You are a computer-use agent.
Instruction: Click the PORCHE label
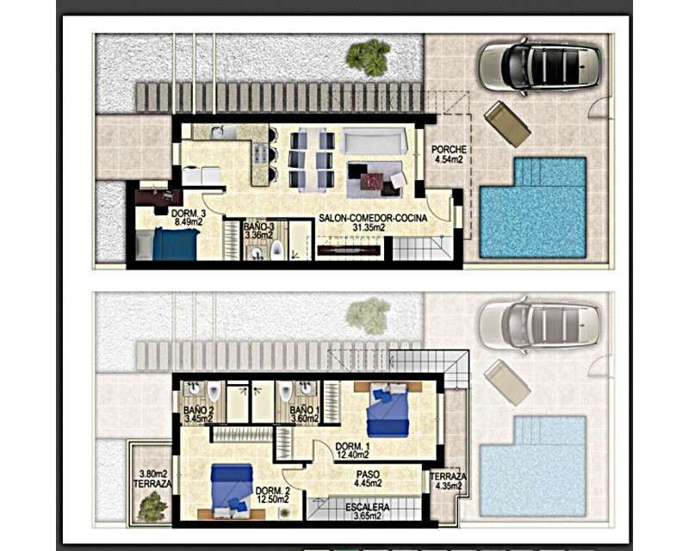(x=449, y=150)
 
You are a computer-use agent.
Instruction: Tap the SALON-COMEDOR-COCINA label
(x=373, y=218)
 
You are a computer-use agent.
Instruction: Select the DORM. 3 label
(x=189, y=214)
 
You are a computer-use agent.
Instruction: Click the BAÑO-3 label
(x=259, y=226)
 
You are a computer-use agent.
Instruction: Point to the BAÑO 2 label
(x=199, y=410)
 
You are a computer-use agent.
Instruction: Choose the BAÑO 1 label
(x=305, y=410)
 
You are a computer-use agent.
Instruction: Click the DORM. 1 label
(x=352, y=447)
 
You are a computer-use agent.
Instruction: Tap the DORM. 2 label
(x=273, y=491)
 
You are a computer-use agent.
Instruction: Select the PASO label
(x=368, y=474)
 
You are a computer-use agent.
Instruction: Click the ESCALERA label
(x=368, y=507)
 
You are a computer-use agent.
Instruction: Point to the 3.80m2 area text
(x=153, y=474)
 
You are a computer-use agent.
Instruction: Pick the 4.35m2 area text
(x=448, y=486)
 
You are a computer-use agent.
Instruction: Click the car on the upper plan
(x=540, y=66)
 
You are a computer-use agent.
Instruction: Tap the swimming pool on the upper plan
(x=533, y=207)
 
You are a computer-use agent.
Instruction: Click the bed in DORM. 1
(x=388, y=410)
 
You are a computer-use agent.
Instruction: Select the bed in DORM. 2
(x=232, y=492)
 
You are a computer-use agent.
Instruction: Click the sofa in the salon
(x=374, y=141)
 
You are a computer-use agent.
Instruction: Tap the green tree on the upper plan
(x=369, y=57)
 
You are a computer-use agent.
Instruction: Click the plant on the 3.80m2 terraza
(x=152, y=506)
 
